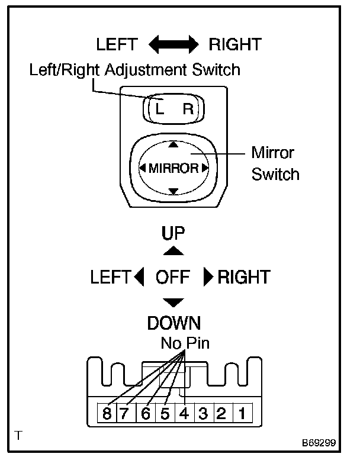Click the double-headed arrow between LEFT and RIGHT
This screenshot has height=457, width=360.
tap(173, 44)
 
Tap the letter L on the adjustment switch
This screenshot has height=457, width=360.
tap(159, 109)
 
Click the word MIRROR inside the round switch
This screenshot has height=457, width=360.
tap(173, 168)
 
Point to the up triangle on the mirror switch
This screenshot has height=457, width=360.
tap(173, 144)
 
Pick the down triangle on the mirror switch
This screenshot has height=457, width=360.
tap(173, 191)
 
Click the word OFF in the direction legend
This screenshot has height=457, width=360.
tap(173, 277)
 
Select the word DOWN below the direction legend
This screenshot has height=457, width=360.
tap(173, 323)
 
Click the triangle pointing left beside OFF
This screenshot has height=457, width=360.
tap(139, 277)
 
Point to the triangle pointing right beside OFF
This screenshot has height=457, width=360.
tap(208, 277)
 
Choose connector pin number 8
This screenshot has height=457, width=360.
tap(107, 414)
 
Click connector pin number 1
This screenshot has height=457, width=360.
tap(242, 414)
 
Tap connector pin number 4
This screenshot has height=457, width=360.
tap(184, 414)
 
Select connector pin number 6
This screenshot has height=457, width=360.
tap(146, 414)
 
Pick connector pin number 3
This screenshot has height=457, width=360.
tap(202, 414)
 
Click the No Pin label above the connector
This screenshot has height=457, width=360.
tap(185, 343)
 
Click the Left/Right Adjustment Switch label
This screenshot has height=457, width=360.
tap(135, 70)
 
